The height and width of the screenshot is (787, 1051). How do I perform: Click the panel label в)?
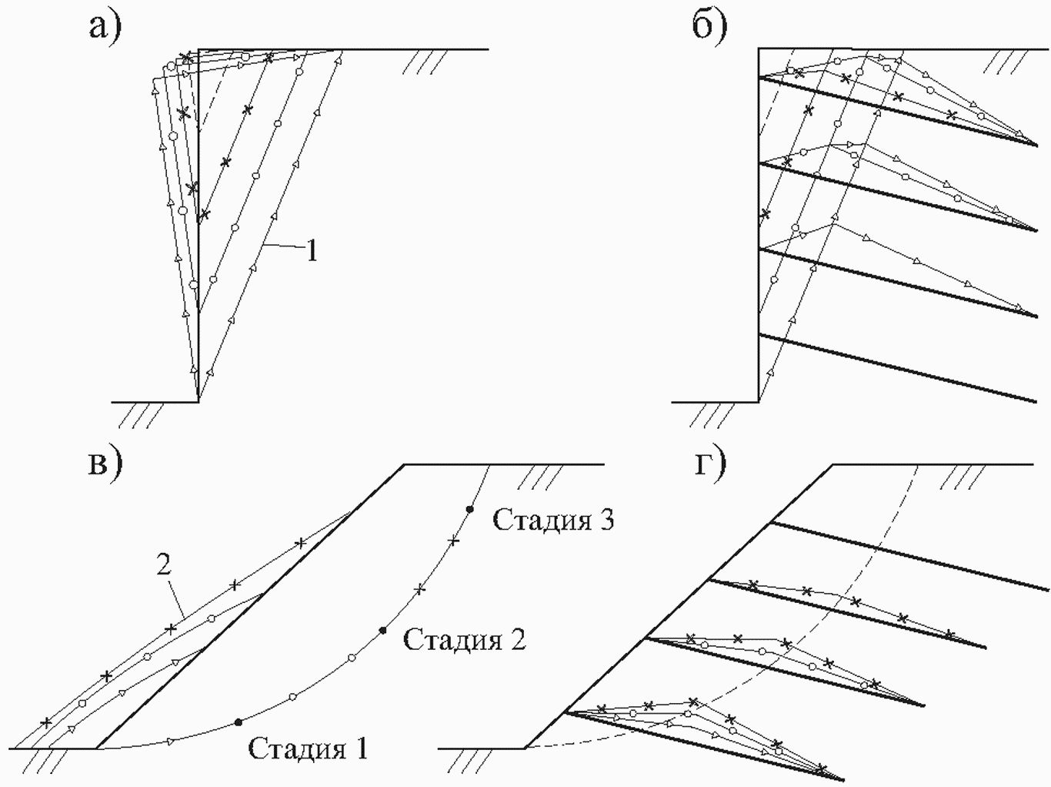coord(105,466)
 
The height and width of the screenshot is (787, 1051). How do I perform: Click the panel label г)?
coord(710,466)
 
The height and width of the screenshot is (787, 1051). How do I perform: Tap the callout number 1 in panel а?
coord(312,251)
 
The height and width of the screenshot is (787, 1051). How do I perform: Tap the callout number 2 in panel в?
coord(163,566)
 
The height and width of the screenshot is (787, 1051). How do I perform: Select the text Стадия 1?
coord(308,748)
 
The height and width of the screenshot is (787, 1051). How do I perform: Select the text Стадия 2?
coord(464,639)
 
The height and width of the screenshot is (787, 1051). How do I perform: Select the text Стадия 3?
coord(553,520)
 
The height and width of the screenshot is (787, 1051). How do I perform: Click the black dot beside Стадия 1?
coord(238,721)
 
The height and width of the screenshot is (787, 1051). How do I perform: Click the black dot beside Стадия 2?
coord(382,631)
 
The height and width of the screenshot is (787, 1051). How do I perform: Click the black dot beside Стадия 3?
coord(469,509)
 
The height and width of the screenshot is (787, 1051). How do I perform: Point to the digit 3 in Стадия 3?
coord(606,519)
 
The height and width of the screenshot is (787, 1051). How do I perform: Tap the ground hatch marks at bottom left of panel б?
coord(712,415)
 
